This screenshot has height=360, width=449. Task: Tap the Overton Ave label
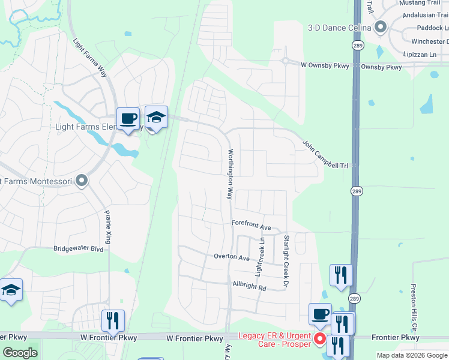[232, 257]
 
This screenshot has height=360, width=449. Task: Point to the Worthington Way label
[229, 175]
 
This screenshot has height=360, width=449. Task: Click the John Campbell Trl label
[325, 154]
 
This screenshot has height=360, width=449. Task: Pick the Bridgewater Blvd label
[79, 248]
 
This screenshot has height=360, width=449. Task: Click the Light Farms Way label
[89, 58]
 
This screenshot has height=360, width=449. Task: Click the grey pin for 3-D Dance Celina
[379, 27]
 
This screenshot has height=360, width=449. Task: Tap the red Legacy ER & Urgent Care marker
[320, 340]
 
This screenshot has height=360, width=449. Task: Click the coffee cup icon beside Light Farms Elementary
[127, 118]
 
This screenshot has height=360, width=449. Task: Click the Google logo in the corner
[20, 353]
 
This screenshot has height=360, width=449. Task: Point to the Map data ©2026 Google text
[411, 355]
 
